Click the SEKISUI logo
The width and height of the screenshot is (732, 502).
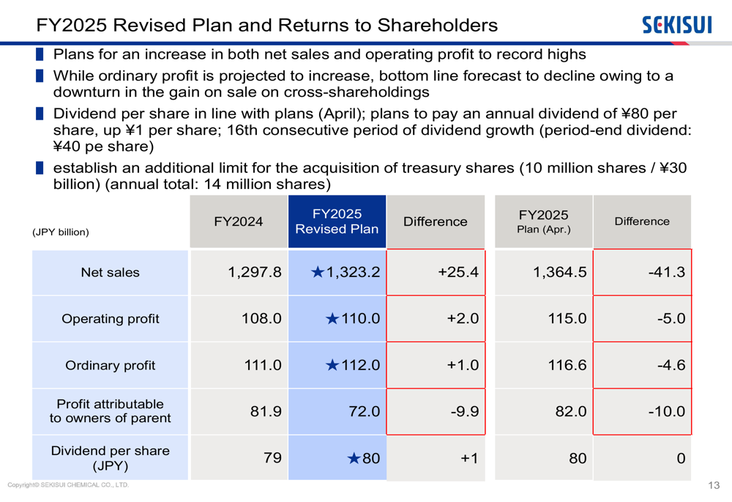(676, 25)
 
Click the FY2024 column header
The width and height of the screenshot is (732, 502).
(239, 221)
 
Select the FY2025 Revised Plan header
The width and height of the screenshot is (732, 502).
(337, 221)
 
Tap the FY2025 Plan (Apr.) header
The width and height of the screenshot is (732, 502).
(543, 221)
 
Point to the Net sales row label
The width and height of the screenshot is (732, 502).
(110, 273)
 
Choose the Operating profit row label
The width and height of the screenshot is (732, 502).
(110, 319)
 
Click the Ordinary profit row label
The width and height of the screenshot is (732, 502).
(110, 365)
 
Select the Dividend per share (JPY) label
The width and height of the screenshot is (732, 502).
(110, 458)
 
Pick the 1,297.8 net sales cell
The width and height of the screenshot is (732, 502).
(254, 273)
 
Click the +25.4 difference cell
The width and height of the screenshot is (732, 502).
(458, 273)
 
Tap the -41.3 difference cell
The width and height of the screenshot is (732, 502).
(666, 273)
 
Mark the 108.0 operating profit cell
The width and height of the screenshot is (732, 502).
(261, 319)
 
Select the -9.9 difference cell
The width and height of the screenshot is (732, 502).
(464, 411)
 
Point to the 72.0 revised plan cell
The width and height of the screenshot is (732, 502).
(364, 411)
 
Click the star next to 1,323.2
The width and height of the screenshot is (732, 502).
(317, 273)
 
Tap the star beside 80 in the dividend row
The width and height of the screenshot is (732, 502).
(354, 459)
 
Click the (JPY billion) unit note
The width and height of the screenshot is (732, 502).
(61, 232)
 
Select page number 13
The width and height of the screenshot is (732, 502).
(714, 485)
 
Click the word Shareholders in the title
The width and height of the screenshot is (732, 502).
(437, 25)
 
